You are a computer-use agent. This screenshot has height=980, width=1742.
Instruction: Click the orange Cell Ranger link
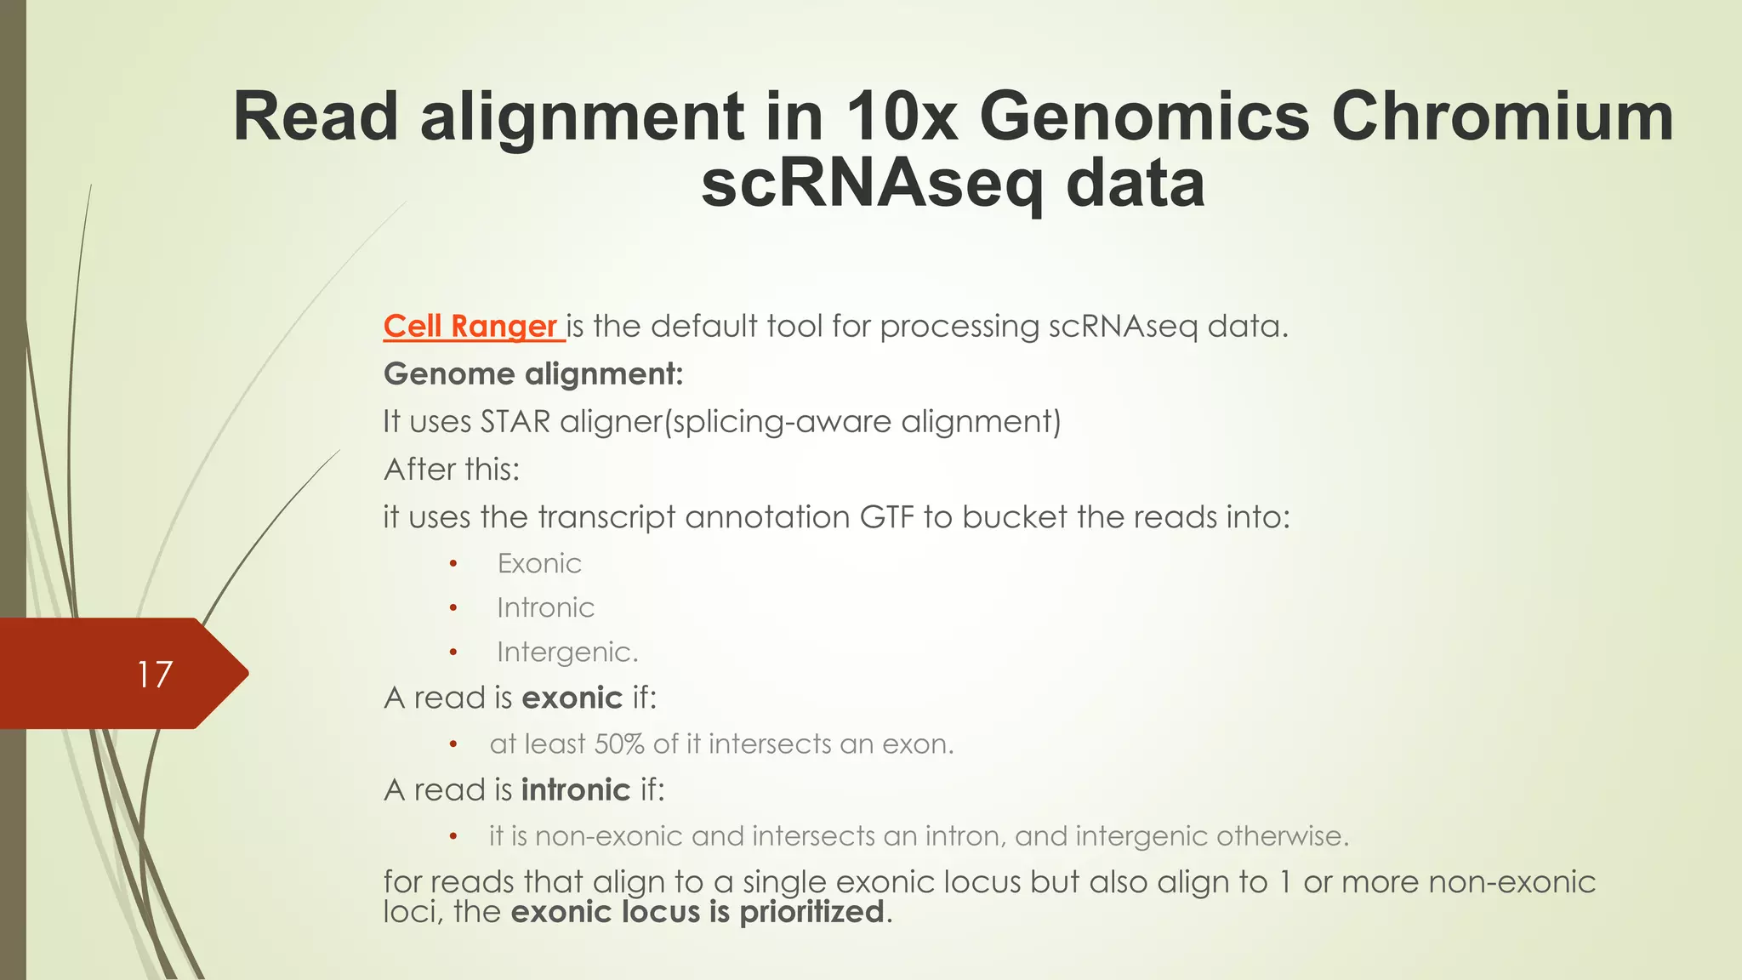coord(470,327)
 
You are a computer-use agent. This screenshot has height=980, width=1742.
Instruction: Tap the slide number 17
coord(155,675)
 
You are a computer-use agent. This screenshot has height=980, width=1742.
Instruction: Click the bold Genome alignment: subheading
coord(533,374)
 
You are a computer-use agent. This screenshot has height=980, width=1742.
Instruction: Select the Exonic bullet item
coord(539,564)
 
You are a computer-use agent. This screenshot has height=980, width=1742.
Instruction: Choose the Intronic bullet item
coord(545,608)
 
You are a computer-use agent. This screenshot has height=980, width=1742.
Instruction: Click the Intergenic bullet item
coord(566,652)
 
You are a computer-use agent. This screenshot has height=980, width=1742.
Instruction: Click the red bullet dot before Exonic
coord(453,564)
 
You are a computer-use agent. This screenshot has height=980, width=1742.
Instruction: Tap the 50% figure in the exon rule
coord(619,744)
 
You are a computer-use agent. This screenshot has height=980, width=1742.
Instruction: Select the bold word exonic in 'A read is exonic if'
coord(572,698)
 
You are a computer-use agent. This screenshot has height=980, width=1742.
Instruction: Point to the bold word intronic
coord(576,790)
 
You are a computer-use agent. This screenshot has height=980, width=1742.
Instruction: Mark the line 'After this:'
coord(452,470)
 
